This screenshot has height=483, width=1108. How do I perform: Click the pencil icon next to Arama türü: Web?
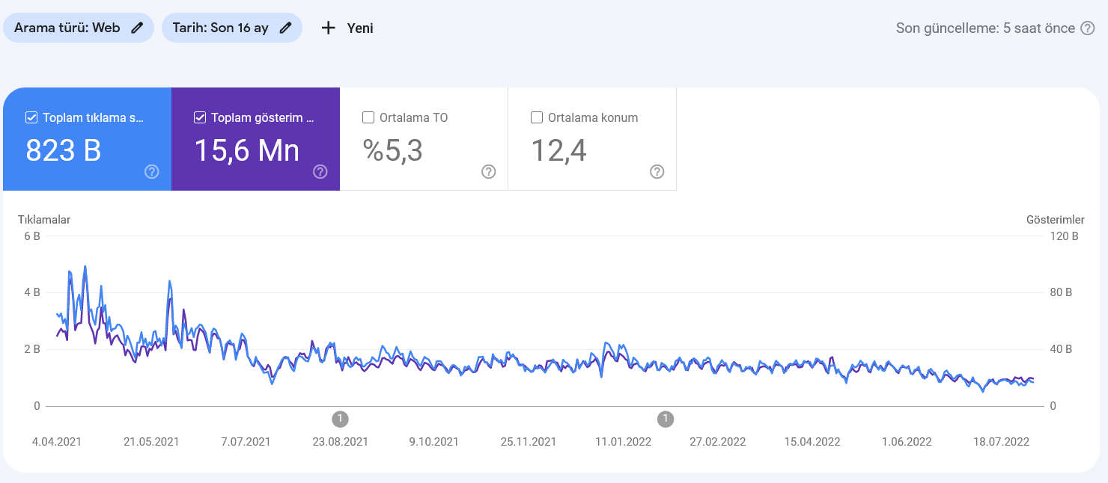click(137, 28)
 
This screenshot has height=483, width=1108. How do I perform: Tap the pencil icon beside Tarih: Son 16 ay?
click(285, 28)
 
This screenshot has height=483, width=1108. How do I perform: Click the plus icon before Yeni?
click(328, 28)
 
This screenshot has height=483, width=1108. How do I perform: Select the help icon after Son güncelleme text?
click(1087, 28)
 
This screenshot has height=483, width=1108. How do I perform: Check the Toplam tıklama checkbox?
click(31, 117)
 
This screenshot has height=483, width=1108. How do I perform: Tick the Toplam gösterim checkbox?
click(200, 117)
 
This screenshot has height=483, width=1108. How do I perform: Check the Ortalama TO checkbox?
click(368, 117)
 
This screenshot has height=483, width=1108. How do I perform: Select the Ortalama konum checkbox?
click(537, 117)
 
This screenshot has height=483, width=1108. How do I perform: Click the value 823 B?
click(64, 150)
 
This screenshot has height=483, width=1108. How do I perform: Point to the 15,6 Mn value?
click(247, 150)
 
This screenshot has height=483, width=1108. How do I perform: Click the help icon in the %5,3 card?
click(489, 171)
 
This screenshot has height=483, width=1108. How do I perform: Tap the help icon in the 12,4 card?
click(657, 171)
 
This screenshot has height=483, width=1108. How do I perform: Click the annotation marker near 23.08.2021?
click(341, 419)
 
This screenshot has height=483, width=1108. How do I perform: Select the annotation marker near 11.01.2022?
click(666, 419)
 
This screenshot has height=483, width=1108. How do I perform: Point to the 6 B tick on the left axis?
click(32, 236)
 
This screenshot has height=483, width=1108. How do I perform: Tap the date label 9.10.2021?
click(433, 442)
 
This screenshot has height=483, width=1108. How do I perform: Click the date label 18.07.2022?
click(1001, 442)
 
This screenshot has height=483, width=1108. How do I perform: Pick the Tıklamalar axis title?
click(44, 220)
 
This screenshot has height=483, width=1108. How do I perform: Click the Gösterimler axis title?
click(1056, 220)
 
